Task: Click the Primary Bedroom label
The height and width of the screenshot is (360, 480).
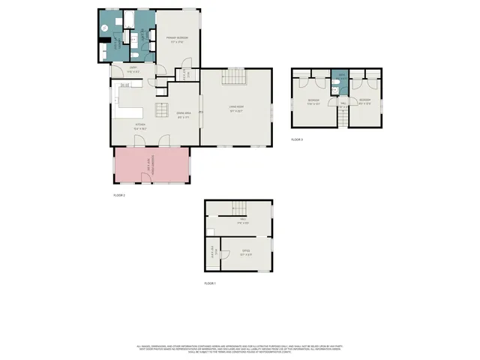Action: click(x=178, y=39)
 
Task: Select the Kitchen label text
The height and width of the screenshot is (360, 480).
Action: click(x=140, y=126)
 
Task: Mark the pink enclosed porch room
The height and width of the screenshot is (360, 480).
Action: click(x=151, y=165)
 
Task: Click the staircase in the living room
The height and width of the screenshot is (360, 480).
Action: click(x=236, y=77)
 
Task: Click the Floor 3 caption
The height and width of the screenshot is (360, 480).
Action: click(x=297, y=139)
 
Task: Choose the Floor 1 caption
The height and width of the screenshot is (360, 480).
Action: click(x=210, y=283)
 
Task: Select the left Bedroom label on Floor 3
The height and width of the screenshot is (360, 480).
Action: click(x=313, y=101)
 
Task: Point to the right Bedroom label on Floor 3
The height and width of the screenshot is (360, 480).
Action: click(x=364, y=101)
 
